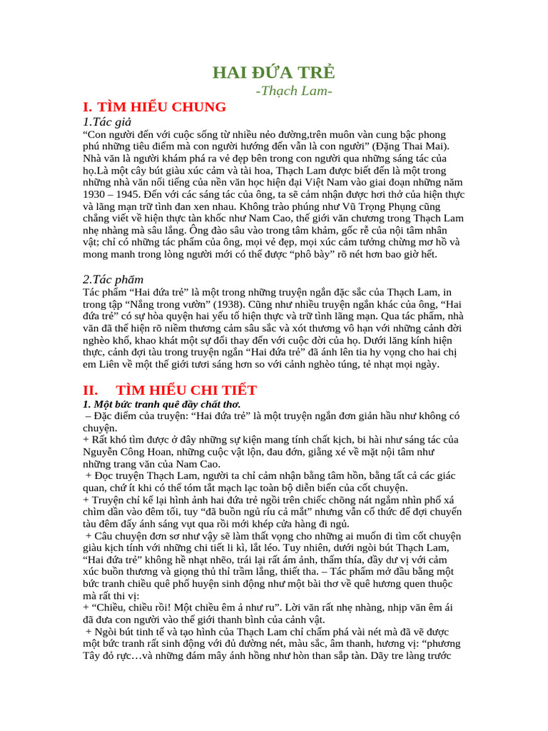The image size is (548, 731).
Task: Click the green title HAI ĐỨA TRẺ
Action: coord(274,73)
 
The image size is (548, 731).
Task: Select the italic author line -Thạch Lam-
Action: coord(294,91)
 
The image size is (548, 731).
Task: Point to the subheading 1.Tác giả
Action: coord(108,122)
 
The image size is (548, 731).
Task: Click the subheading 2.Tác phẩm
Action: coord(113,279)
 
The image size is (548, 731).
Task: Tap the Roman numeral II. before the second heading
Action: coord(91,390)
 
